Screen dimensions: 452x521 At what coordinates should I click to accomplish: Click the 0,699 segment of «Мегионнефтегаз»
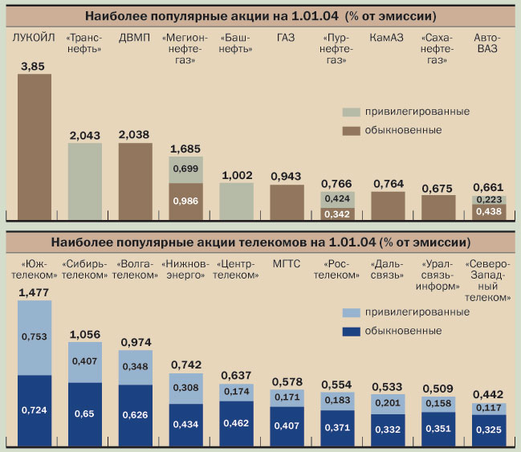pos(185,169)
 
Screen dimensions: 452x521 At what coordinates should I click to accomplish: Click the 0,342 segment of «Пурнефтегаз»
pos(337,214)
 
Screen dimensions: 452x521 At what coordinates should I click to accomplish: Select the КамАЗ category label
pos(386,38)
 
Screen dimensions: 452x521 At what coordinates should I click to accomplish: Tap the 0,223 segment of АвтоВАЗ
pos(489,200)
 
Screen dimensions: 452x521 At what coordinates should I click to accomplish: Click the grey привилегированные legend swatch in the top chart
pos(351,112)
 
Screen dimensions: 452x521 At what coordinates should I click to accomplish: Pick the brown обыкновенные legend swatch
pos(351,130)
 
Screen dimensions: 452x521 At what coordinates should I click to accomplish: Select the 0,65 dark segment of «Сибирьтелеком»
pos(84,413)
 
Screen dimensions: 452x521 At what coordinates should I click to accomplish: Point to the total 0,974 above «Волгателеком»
pos(136,342)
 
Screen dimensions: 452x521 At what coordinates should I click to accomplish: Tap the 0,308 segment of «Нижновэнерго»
pos(185,388)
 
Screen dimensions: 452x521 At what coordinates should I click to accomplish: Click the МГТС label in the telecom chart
pos(287,263)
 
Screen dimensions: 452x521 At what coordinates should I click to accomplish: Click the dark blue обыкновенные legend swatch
pos(351,331)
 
